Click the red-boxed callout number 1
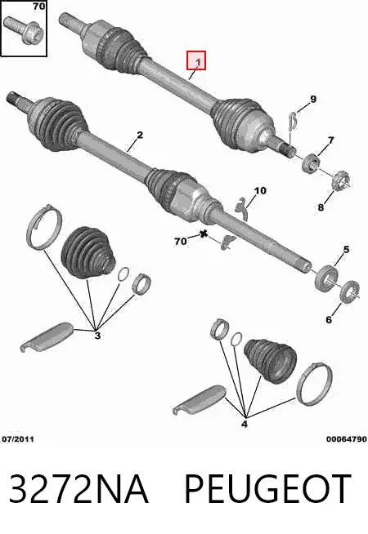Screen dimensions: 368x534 pos(199,61)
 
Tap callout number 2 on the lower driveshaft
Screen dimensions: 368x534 pos(140,135)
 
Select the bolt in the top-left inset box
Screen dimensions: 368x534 pos(23,29)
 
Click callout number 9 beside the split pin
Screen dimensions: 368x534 pos(312,99)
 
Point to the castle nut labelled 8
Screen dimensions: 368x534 pos(341,180)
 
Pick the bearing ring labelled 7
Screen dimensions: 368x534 pos(311,162)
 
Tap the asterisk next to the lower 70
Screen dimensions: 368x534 pos(204,234)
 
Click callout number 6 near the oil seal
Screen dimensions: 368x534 pos(329,319)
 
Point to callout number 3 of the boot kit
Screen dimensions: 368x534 pos(97,336)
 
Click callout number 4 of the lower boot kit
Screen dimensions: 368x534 pos(245,424)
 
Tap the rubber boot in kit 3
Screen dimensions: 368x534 pos(88,252)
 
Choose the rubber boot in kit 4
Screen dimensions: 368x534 pos(270,361)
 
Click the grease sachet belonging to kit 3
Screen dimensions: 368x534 pos(47,336)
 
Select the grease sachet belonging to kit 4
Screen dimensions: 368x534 pos(200,399)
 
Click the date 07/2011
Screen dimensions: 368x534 pos(18,439)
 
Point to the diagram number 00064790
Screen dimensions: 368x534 pos(346,439)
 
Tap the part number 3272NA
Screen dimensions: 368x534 pos(79,489)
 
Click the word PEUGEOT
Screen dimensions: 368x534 pos(267,489)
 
